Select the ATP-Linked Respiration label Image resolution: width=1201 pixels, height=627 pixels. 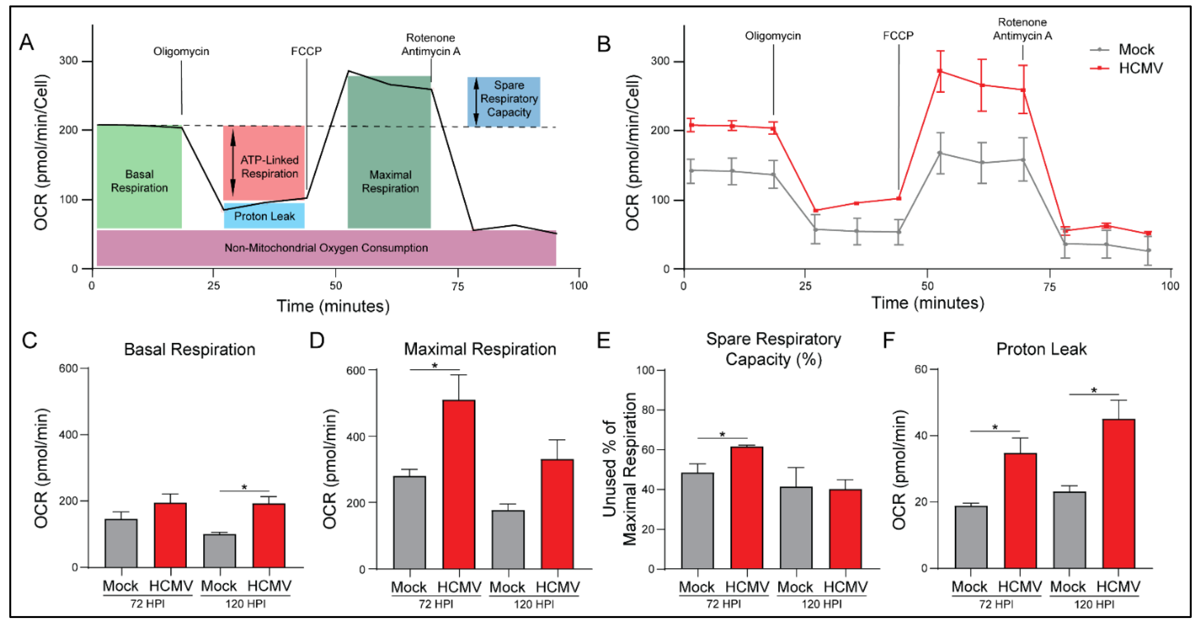(x=269, y=167)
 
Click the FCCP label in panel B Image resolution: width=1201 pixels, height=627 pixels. (x=898, y=36)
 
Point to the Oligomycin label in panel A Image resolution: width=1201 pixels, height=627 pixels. (x=181, y=51)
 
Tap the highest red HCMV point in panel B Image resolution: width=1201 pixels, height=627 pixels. (x=940, y=71)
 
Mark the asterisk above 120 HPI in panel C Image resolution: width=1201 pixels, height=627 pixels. (x=244, y=487)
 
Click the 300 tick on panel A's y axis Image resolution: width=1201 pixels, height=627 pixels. (x=68, y=61)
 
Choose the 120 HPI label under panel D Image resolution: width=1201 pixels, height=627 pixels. (x=534, y=604)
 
